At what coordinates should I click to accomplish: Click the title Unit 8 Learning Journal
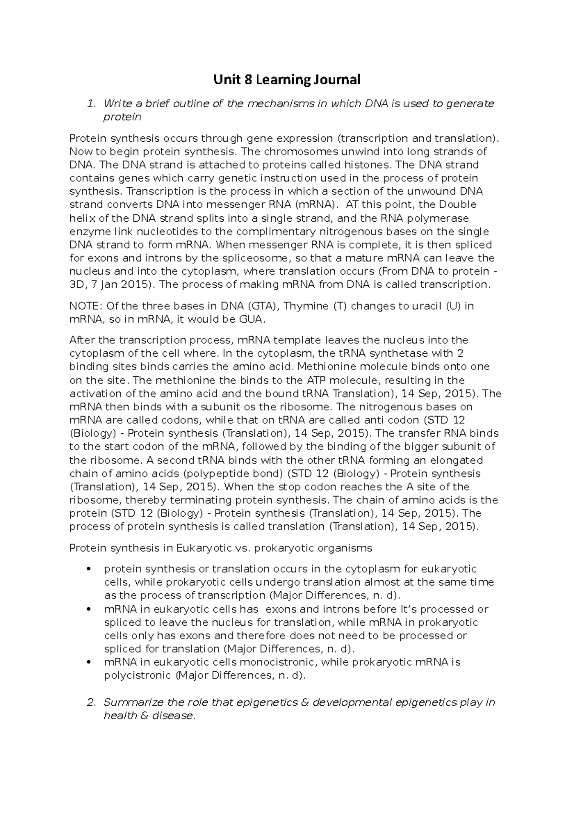pyautogui.click(x=287, y=79)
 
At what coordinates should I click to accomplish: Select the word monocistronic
pyautogui.click(x=278, y=662)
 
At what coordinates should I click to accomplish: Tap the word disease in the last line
pyautogui.click(x=174, y=716)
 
